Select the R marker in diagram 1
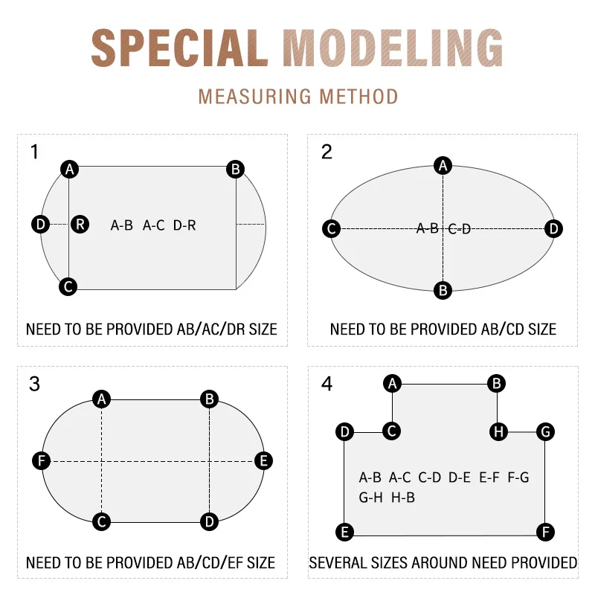[x=80, y=224]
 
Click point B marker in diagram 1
[x=236, y=170]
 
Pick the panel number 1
[x=34, y=152]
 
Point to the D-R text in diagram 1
[x=184, y=225]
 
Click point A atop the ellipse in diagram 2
[x=443, y=165]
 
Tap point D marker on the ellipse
[x=553, y=229]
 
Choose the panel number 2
[x=327, y=152]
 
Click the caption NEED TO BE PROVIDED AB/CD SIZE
[x=443, y=329]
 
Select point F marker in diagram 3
[x=42, y=461]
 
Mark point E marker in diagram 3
[x=263, y=461]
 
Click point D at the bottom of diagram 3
[x=210, y=522]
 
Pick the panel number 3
[x=34, y=385]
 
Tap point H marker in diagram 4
[x=498, y=431]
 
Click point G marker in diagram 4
[x=545, y=431]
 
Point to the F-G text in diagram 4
[x=518, y=477]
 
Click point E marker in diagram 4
[x=344, y=532]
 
